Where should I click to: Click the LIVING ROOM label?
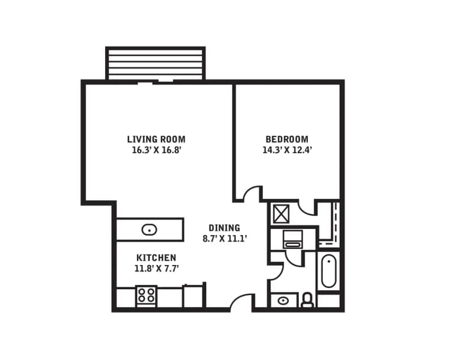pyautogui.click(x=156, y=139)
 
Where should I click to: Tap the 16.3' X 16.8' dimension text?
pyautogui.click(x=156, y=150)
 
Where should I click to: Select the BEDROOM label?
pyautogui.click(x=286, y=139)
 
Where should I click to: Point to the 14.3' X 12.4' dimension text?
pyautogui.click(x=287, y=150)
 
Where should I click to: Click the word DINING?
pyautogui.click(x=224, y=228)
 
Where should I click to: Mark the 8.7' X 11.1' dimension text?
pyautogui.click(x=224, y=239)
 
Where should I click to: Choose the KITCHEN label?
pyautogui.click(x=156, y=257)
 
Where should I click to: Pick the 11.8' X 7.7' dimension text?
pyautogui.click(x=156, y=268)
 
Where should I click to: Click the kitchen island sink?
pyautogui.click(x=149, y=229)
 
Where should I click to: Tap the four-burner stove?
pyautogui.click(x=146, y=294)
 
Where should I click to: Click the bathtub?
pyautogui.click(x=329, y=272)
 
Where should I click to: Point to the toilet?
pyautogui.click(x=307, y=299)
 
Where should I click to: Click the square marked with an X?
pyautogui.click(x=281, y=214)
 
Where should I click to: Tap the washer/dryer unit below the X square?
pyautogui.click(x=292, y=239)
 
